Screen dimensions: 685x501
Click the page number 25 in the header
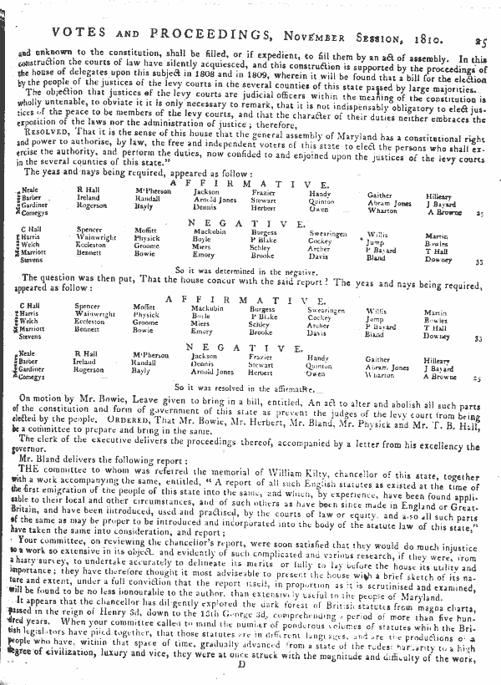483,13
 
